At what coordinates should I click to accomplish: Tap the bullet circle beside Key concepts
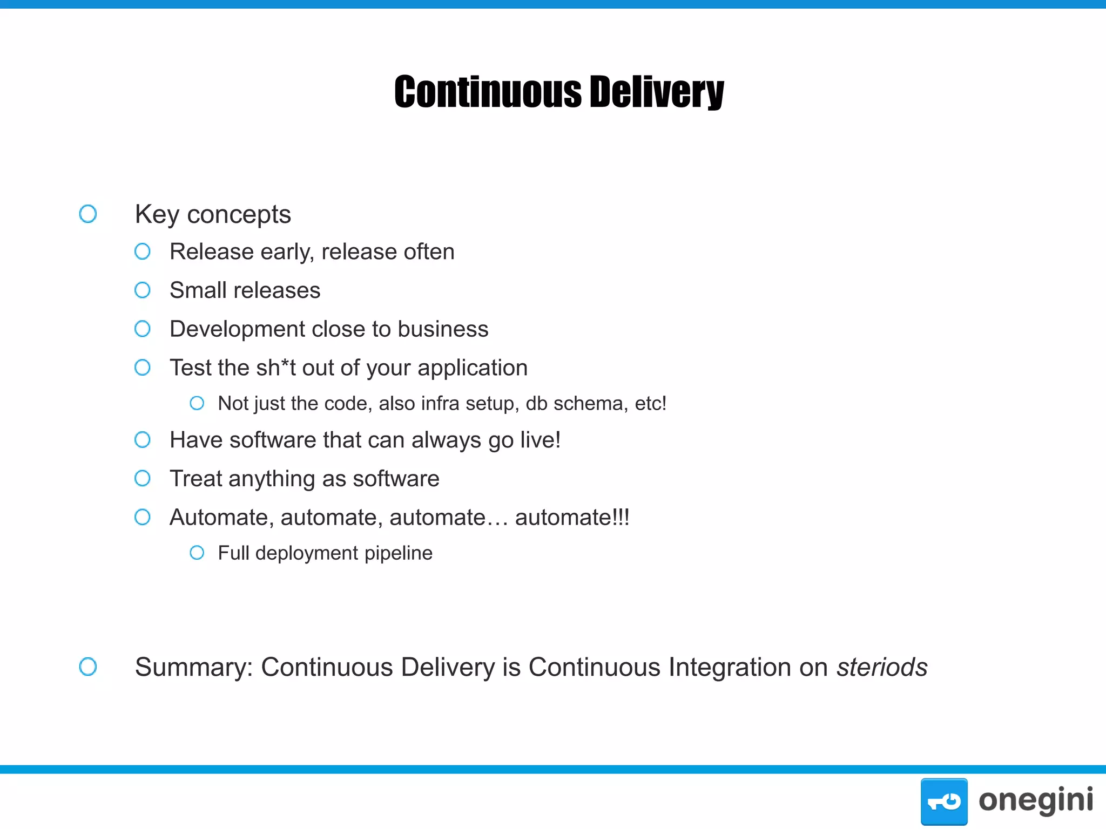pos(88,214)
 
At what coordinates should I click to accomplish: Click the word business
pos(443,329)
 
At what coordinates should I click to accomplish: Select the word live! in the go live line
pos(540,440)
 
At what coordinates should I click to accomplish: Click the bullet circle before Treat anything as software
pos(143,478)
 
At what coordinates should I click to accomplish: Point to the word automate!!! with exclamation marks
pos(572,518)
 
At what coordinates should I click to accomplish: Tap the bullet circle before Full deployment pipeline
pos(197,553)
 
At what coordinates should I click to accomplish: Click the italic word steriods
pos(882,667)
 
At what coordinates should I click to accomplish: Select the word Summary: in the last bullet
pos(194,668)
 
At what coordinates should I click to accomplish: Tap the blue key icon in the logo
pos(943,801)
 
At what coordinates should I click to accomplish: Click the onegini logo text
pos(1035,800)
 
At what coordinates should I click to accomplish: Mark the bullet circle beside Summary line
pos(88,667)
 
